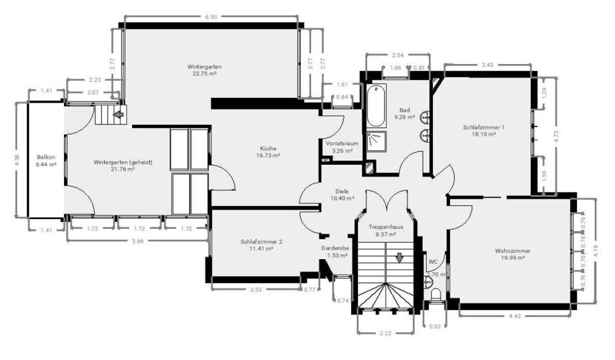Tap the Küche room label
(268, 148)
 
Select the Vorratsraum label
(339, 143)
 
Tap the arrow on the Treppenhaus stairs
(400, 257)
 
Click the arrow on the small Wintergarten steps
(119, 114)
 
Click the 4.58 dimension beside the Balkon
(17, 159)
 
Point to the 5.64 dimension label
(138, 241)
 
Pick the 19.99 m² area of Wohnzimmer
(512, 258)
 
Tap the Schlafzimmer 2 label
(261, 242)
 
